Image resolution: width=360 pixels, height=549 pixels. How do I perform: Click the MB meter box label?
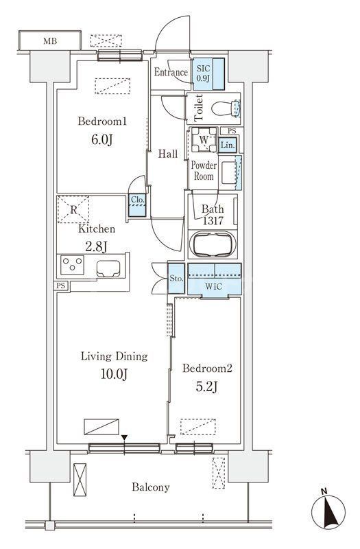coord(50,41)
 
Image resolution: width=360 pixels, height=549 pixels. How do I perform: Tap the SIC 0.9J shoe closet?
coord(208,74)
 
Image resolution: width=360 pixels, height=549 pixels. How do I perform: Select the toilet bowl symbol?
coord(226,108)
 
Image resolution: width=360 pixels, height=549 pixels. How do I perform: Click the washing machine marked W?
coord(204,139)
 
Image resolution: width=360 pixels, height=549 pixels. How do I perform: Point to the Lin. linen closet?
coord(228,145)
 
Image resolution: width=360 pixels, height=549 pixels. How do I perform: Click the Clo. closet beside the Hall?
coord(137,205)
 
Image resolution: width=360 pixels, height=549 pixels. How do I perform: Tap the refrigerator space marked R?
coord(73,210)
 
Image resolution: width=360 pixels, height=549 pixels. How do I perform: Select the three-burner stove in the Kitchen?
coord(73,265)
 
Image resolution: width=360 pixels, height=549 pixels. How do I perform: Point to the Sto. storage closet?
coord(176,279)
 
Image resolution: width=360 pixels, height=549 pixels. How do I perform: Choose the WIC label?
coord(213,286)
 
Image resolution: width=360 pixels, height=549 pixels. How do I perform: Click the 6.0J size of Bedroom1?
coord(101,140)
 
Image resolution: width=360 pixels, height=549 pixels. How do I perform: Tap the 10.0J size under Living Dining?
coord(114,374)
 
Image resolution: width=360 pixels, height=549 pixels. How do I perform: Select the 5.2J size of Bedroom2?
coord(207,386)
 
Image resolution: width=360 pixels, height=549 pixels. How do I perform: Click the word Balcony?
coord(151,487)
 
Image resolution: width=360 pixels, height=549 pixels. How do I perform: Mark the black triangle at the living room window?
coord(124,438)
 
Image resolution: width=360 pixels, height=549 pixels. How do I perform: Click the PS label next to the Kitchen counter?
coord(61,285)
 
